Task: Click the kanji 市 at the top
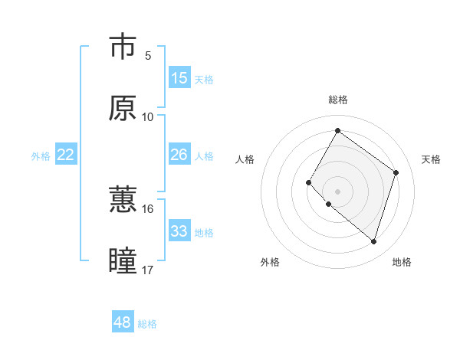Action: [x=123, y=47]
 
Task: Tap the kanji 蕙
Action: [x=123, y=200]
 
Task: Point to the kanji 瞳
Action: [x=123, y=261]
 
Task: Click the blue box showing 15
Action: [x=179, y=78]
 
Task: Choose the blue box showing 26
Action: [x=179, y=155]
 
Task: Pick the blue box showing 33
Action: [x=179, y=231]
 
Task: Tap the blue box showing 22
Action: [x=66, y=155]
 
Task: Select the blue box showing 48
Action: [x=123, y=322]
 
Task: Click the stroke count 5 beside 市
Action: [x=148, y=55]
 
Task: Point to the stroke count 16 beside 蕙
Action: [x=148, y=208]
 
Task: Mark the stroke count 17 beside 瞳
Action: [x=148, y=270]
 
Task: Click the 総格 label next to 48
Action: [x=147, y=324]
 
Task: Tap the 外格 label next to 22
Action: [x=41, y=156]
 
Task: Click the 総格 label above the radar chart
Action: [x=337, y=100]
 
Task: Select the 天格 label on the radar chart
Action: [x=431, y=159]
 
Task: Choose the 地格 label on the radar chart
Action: [x=402, y=262]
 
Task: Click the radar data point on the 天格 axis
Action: [x=396, y=172]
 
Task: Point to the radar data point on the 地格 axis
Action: [x=373, y=241]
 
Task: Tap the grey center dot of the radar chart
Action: [x=337, y=191]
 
